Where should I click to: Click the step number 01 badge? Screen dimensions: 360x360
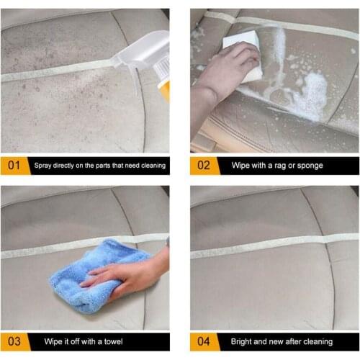14,166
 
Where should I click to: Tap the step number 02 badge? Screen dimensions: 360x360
204,166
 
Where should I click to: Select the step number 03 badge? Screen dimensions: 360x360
14,341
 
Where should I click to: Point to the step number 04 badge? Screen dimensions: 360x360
204,341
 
